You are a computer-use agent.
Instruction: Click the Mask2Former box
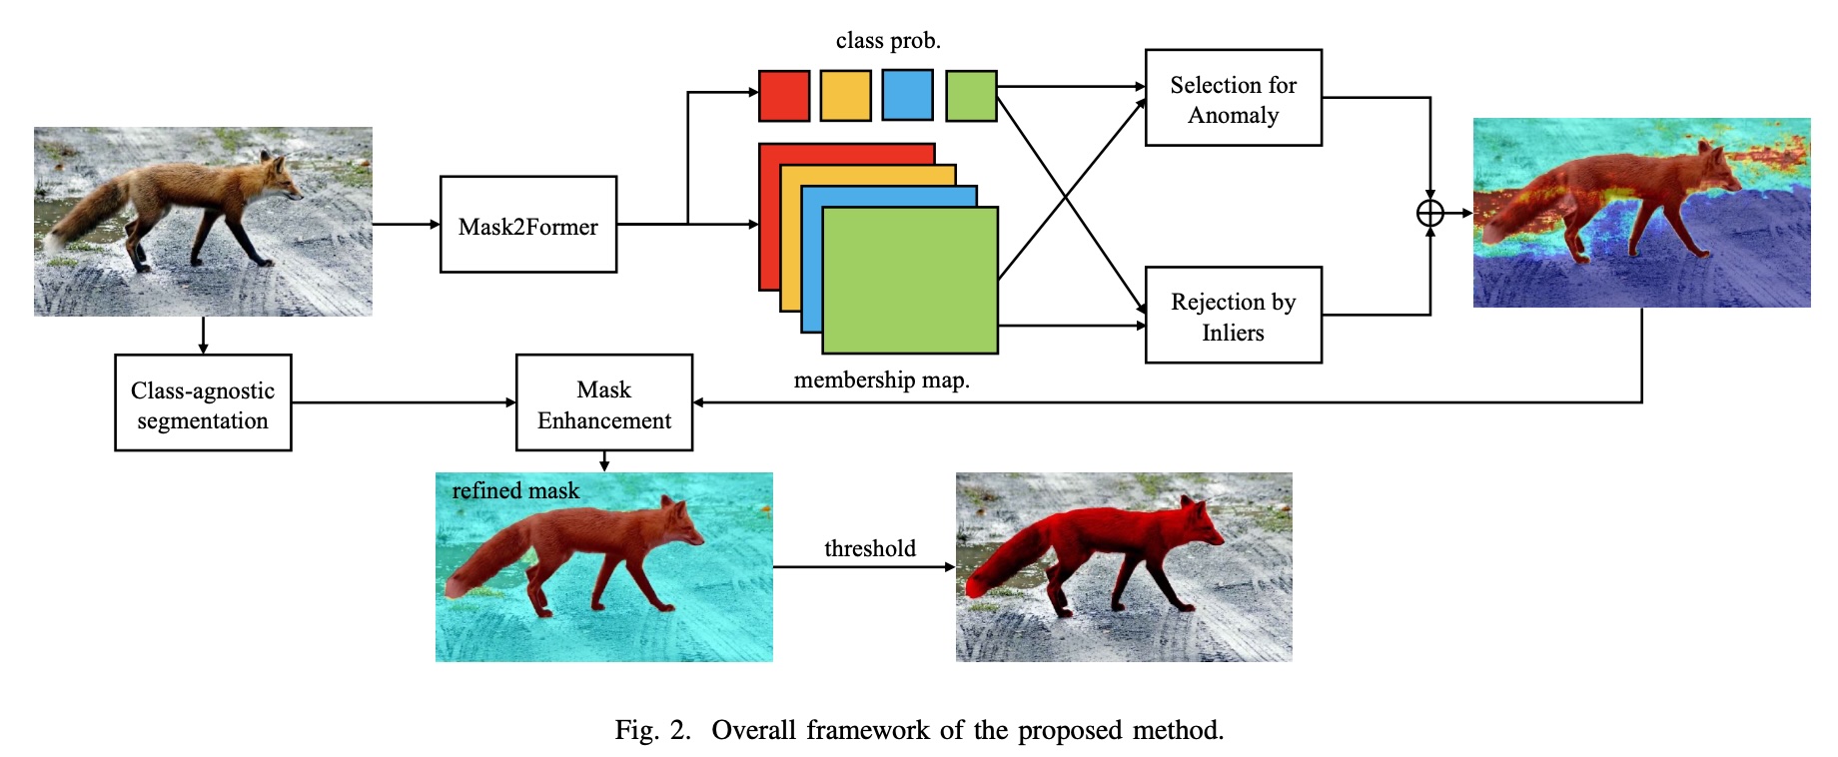527,225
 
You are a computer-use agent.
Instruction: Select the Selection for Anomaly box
1233,98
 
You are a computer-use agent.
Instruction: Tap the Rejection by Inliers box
1233,315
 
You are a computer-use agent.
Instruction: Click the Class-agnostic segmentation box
203,402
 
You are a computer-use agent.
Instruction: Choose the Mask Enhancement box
603,402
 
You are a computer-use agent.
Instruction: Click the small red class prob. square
784,96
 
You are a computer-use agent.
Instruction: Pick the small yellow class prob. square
845,96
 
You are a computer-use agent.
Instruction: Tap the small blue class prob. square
907,96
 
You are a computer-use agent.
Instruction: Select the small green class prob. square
971,96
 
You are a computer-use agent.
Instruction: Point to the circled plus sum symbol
1429,213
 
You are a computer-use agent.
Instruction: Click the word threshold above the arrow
869,548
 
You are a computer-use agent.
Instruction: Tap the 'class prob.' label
888,41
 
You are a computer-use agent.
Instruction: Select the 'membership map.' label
881,380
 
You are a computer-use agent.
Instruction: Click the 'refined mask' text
515,490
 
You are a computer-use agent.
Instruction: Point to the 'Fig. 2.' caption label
652,730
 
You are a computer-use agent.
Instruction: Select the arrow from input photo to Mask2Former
406,225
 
